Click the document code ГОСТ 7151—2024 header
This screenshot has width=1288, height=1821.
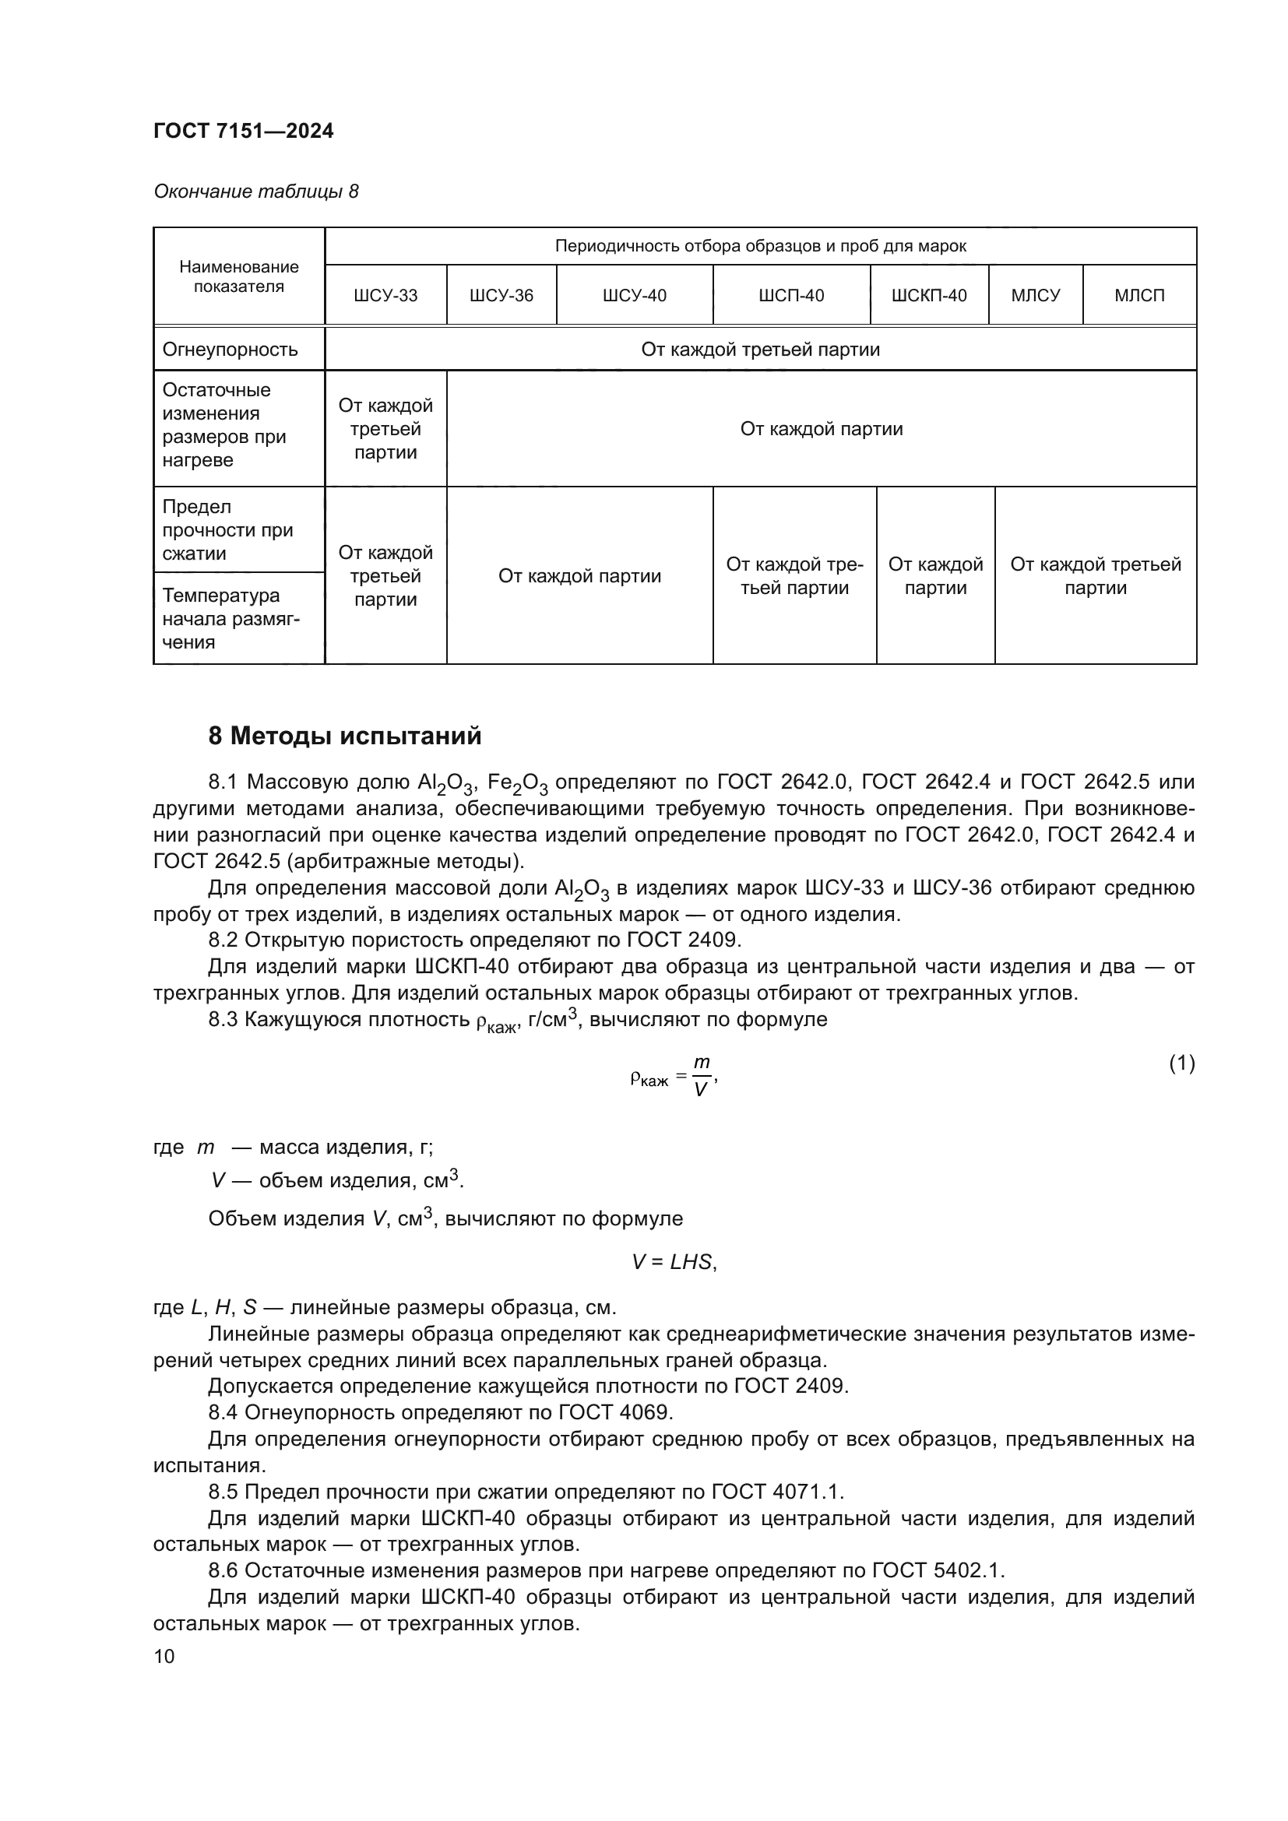244,132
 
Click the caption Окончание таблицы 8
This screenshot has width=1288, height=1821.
255,192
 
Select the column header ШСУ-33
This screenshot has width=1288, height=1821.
385,296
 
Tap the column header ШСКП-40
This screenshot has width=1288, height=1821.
929,296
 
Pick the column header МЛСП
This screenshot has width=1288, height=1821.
1139,296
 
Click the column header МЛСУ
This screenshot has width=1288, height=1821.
1035,296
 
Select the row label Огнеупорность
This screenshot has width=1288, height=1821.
230,350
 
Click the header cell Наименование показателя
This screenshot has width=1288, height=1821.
239,277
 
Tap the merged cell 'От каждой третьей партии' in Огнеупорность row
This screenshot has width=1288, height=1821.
760,350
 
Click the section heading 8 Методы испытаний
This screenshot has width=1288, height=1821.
344,736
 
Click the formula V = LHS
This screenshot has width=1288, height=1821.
674,1262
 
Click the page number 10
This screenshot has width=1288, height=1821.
164,1656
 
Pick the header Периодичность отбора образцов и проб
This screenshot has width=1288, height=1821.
760,246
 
